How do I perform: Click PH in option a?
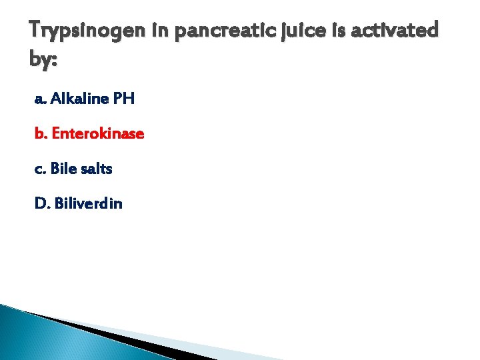(124, 99)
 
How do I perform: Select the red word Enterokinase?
(97, 134)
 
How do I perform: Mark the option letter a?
(39, 100)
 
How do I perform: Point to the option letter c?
(39, 169)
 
